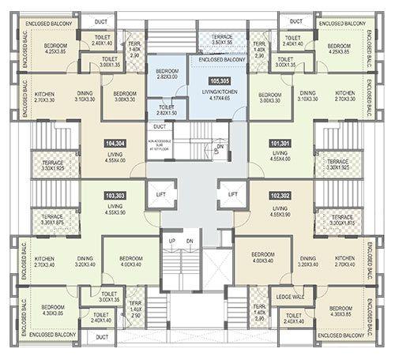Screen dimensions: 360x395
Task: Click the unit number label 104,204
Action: [116, 143]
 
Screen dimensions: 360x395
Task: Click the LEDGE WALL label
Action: [287, 297]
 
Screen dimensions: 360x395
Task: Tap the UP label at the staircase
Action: [171, 241]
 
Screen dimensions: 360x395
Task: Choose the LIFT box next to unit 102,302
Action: [233, 193]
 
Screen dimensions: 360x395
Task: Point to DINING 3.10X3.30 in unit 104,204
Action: [85, 96]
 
